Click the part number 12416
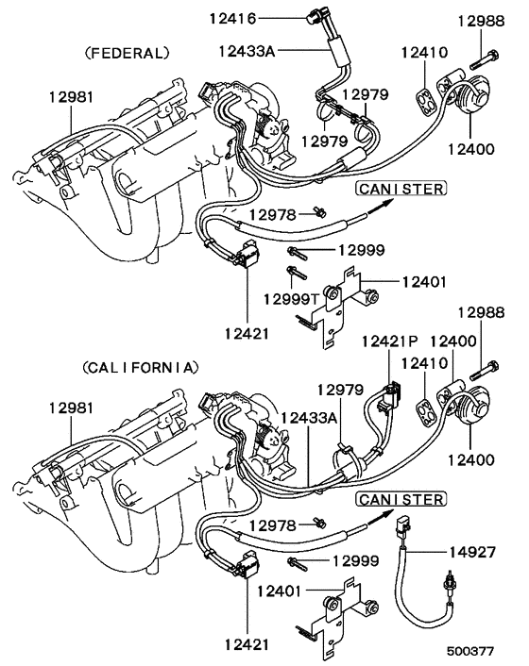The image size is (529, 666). click(233, 19)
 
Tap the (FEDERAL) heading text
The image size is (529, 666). click(128, 53)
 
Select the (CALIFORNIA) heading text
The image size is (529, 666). click(141, 367)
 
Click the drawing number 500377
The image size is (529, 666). click(469, 652)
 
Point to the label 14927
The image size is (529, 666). click(472, 552)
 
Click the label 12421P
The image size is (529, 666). click(390, 341)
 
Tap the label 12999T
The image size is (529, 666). click(291, 299)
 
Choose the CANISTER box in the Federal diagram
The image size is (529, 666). click(401, 188)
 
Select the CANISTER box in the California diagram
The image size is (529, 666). click(401, 499)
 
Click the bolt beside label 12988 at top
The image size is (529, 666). click(485, 59)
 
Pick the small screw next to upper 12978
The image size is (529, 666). click(319, 211)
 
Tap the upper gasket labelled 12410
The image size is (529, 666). click(425, 101)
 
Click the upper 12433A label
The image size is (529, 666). click(247, 51)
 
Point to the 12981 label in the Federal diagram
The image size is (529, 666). click(71, 97)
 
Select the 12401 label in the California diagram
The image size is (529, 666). click(280, 591)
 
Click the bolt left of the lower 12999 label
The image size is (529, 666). click(298, 563)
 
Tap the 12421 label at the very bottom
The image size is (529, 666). click(247, 644)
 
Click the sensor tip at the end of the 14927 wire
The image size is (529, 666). click(448, 581)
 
